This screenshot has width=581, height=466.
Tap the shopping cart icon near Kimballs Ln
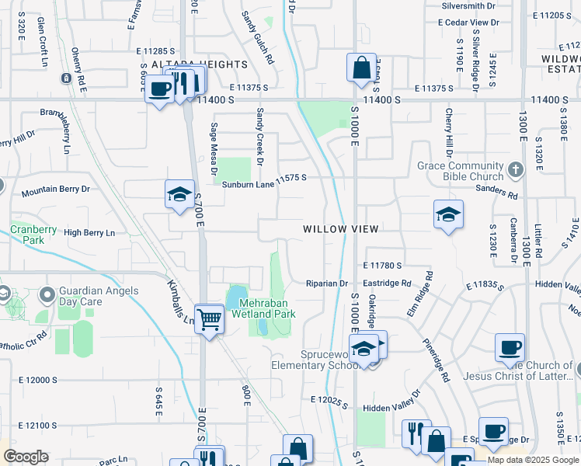tap(209, 318)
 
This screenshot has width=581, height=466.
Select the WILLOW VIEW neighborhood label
tap(340, 229)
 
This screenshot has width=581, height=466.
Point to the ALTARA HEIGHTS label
tap(200, 64)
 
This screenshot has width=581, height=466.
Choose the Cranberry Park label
tap(33, 235)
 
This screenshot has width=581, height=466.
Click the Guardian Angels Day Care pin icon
tap(48, 294)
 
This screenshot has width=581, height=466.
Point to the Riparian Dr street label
tap(327, 283)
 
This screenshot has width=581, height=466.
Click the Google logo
tap(25, 457)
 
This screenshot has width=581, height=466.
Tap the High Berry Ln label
tap(89, 233)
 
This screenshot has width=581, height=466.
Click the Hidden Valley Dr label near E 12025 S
tap(391, 407)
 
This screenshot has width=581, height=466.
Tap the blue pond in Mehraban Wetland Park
tap(234, 297)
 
